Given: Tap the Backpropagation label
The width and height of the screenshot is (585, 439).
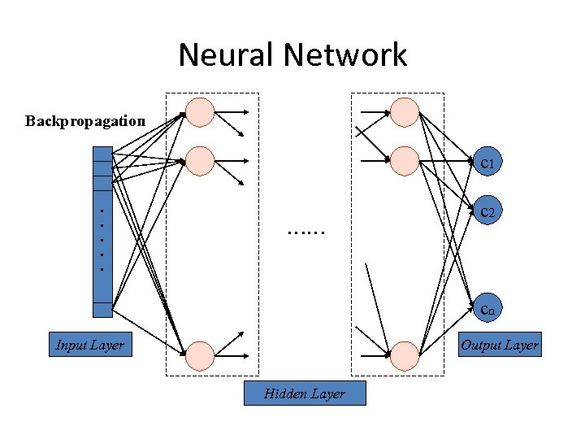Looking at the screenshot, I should (x=85, y=121).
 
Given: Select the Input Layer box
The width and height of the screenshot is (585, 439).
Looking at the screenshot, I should (x=89, y=345).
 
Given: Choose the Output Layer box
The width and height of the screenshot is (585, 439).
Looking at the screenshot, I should (x=499, y=345).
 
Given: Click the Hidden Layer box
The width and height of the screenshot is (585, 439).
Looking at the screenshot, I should (x=305, y=393).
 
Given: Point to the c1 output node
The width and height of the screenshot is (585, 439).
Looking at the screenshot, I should (x=487, y=164).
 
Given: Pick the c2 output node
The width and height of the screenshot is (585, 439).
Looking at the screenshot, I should (x=487, y=212).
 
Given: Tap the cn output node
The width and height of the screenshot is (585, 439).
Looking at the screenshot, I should (x=487, y=308).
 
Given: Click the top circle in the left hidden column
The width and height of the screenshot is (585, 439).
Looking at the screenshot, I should (x=200, y=112).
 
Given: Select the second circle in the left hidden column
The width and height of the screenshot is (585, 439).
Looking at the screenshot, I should (x=200, y=161).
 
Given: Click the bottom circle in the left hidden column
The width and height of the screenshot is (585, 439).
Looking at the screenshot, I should (x=200, y=354).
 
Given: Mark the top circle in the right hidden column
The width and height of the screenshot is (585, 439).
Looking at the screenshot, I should (x=405, y=112).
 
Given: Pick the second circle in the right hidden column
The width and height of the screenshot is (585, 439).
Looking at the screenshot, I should (x=405, y=161).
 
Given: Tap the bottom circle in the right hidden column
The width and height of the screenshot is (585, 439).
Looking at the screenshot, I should (x=405, y=354).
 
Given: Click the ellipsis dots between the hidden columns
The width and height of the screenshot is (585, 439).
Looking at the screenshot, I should (x=305, y=231).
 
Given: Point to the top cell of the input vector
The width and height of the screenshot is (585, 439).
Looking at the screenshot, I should (x=102, y=154).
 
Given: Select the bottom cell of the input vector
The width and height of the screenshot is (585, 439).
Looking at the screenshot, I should (x=102, y=310).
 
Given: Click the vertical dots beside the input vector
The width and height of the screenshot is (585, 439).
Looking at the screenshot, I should (x=101, y=239).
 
